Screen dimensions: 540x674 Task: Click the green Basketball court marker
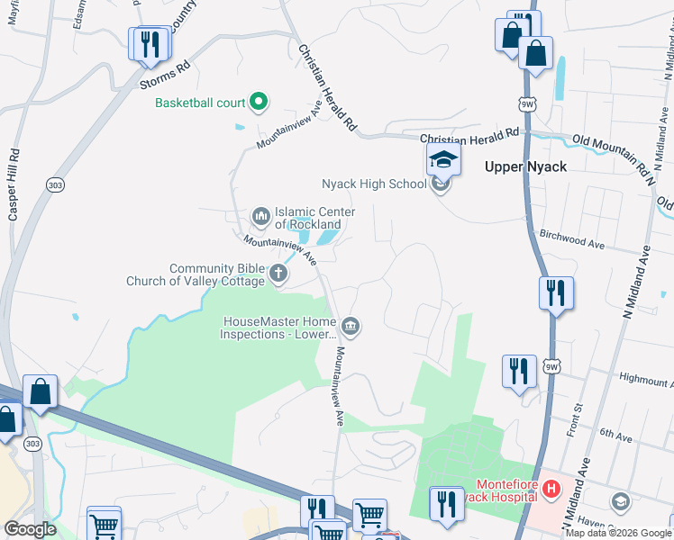tap(259, 103)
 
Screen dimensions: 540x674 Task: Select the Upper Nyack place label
tap(526, 166)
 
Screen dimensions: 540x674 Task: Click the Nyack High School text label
tap(374, 184)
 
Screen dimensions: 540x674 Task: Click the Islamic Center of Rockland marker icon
tap(261, 215)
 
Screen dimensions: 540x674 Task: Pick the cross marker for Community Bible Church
tap(278, 274)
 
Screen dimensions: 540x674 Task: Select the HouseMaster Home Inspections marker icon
tap(351, 326)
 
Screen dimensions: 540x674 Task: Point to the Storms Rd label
tap(166, 75)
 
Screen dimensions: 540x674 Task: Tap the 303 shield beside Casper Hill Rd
tap(54, 184)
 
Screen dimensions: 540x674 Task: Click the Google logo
tap(30, 529)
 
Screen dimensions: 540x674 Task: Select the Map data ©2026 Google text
tap(618, 533)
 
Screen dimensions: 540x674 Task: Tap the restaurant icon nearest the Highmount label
tap(518, 371)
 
